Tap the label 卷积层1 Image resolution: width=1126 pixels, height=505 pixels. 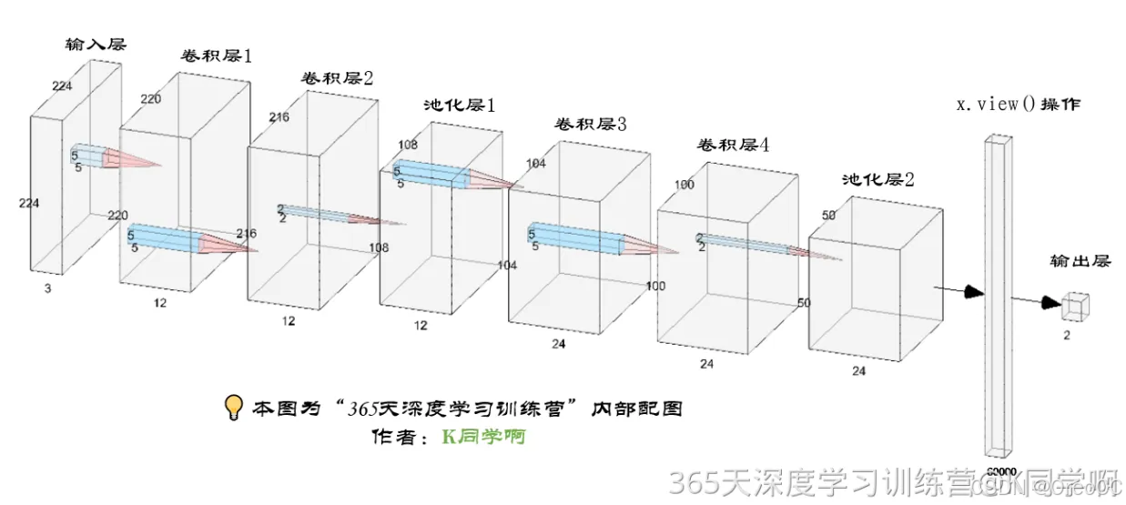click(x=215, y=56)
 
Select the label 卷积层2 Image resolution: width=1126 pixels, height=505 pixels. click(x=337, y=77)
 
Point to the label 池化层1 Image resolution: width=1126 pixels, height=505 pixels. click(x=460, y=106)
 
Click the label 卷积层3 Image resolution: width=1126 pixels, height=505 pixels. click(x=590, y=125)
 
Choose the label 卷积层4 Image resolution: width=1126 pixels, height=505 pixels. click(x=733, y=146)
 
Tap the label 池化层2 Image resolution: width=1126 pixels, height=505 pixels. click(x=877, y=179)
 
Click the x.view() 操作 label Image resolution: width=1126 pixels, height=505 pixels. click(x=1018, y=104)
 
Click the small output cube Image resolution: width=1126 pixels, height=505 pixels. click(x=1076, y=306)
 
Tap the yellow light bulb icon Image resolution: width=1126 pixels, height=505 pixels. click(x=235, y=407)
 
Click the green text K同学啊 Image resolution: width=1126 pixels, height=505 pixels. click(x=483, y=437)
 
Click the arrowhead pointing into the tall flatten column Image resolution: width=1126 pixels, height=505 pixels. click(x=975, y=291)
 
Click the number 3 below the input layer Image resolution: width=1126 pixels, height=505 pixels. click(x=46, y=288)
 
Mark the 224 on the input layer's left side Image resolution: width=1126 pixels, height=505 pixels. click(x=28, y=204)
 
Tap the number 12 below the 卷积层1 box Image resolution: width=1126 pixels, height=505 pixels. click(x=160, y=303)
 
